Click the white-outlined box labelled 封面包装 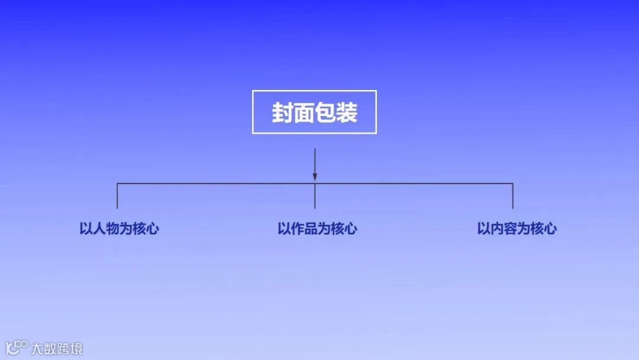(x=314, y=112)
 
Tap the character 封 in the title (x=283, y=112)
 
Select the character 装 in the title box (x=347, y=112)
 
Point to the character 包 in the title (x=325, y=112)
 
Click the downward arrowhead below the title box (x=315, y=176)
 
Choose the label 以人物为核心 (x=119, y=229)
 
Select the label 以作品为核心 (x=317, y=229)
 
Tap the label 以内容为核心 (x=517, y=229)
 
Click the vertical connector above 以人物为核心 (x=117, y=196)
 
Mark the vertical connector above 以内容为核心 (x=512, y=196)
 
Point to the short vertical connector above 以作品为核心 (x=315, y=197)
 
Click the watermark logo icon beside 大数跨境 (x=16, y=348)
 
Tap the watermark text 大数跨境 (x=57, y=348)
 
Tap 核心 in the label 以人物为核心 (x=146, y=229)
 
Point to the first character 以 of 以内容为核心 (x=483, y=229)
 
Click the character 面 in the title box (x=304, y=112)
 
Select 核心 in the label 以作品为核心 (x=344, y=229)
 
